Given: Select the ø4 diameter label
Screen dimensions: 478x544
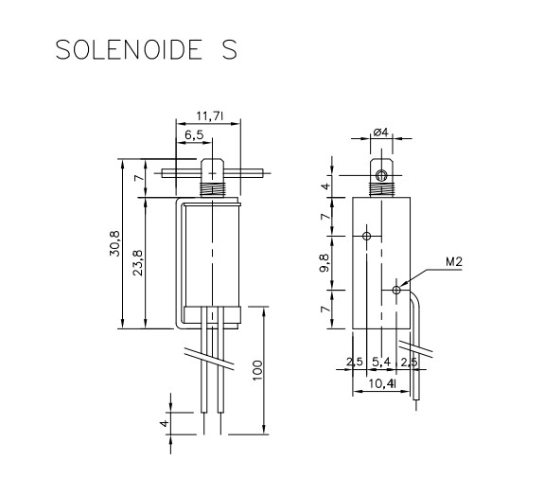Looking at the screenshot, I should pyautogui.click(x=381, y=133).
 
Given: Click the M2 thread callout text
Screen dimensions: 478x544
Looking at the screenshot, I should pyautogui.click(x=452, y=263).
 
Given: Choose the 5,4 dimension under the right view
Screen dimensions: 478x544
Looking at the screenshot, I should pyautogui.click(x=382, y=363).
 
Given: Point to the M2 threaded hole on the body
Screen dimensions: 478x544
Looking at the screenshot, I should pyautogui.click(x=395, y=292).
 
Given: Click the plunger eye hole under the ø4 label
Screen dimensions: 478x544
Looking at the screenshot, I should pyautogui.click(x=381, y=176).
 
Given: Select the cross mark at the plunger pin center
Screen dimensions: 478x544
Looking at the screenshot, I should pyautogui.click(x=213, y=174).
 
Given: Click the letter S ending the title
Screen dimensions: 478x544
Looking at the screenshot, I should pyautogui.click(x=230, y=49).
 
